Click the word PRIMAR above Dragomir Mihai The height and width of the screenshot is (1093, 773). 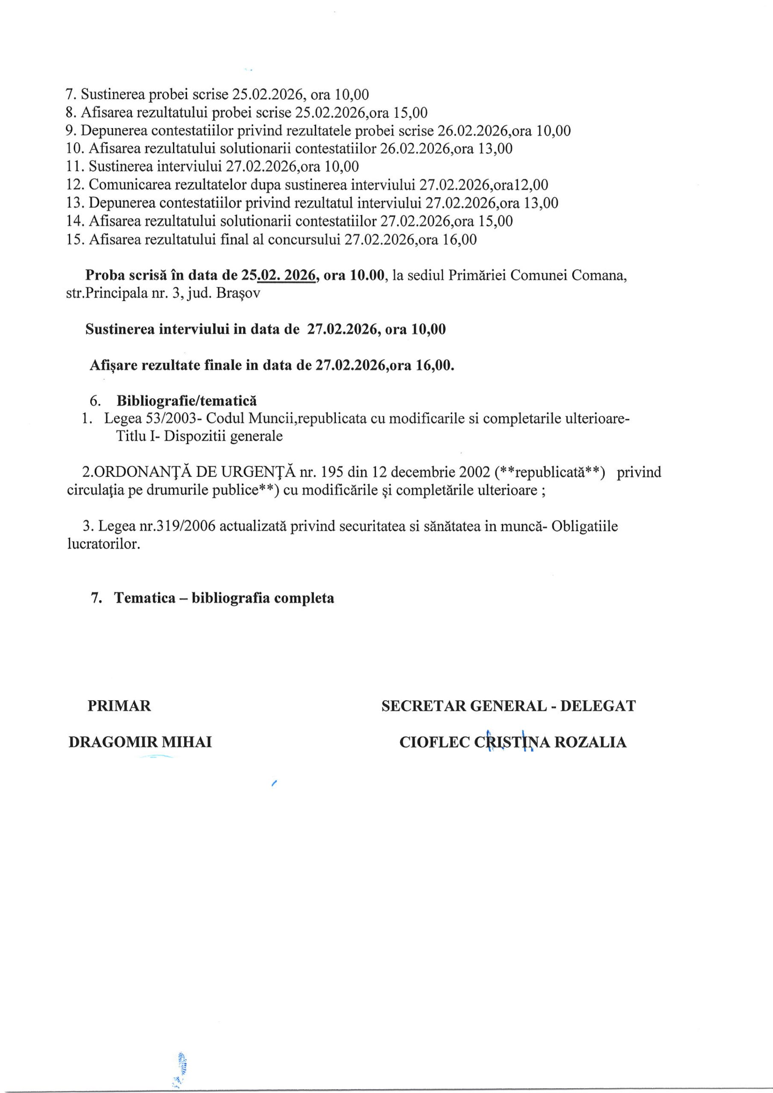coord(119,705)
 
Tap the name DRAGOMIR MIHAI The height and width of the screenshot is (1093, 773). coord(140,742)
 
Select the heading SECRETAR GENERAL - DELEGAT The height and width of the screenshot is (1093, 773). coord(508,705)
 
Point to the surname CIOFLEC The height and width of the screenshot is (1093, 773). coord(434,742)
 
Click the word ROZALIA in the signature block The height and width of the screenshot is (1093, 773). coord(590,742)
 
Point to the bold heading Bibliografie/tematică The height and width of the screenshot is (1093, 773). coord(186,401)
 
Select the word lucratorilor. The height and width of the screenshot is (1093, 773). coord(104,544)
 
